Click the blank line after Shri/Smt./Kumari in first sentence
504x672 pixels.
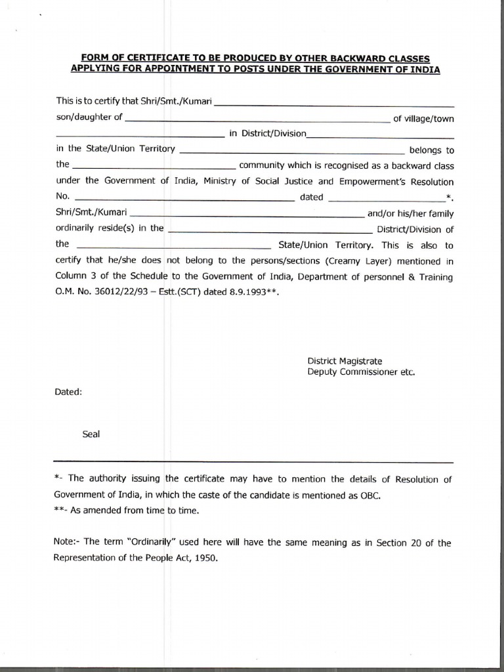335,104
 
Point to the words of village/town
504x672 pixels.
423,119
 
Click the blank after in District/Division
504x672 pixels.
381,136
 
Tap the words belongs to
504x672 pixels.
431,150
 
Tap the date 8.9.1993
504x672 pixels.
246,293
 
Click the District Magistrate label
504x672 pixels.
345,361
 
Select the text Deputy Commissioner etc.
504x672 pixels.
361,371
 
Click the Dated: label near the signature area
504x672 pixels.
69,392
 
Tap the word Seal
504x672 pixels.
91,434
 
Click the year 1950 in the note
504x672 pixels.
204,558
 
